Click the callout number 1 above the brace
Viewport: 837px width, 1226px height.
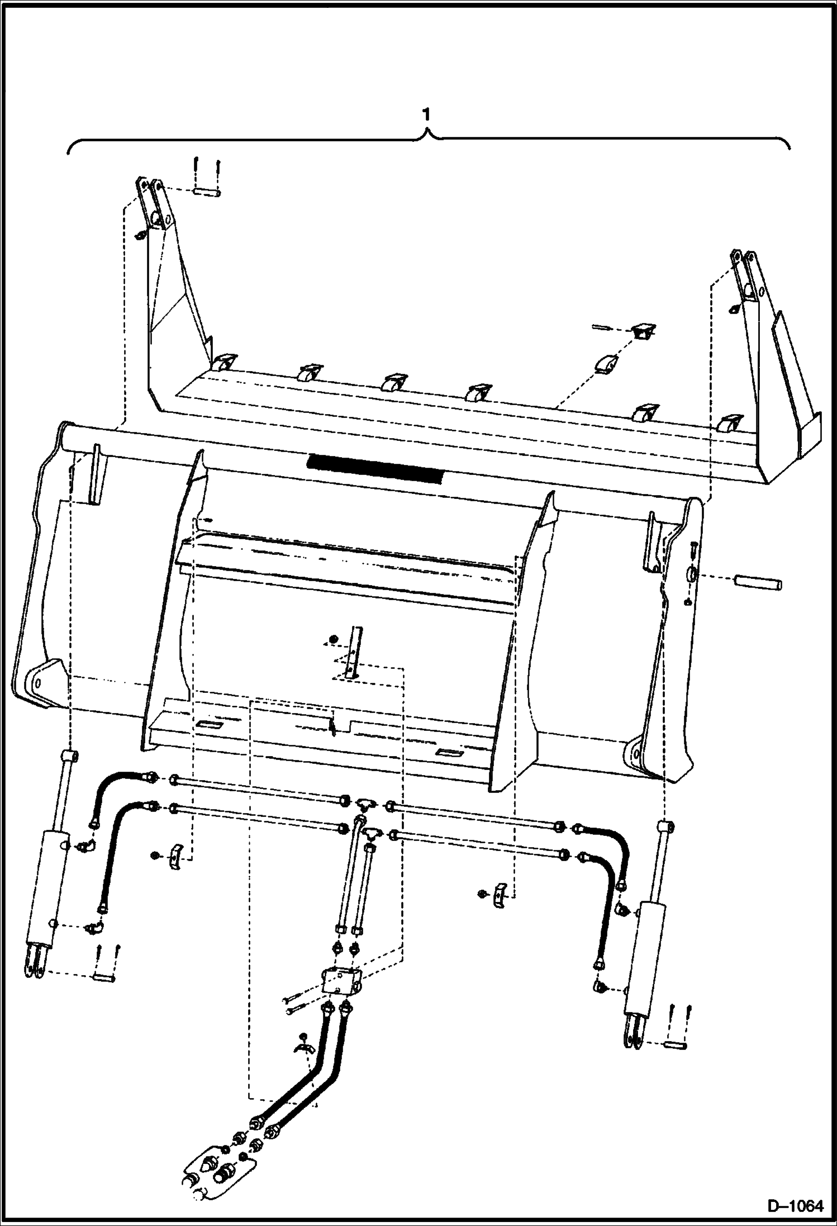[426, 116]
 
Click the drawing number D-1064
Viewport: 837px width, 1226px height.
[796, 1205]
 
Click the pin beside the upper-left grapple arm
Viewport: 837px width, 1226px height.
[206, 192]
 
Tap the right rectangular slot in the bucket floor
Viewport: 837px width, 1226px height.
[449, 753]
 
